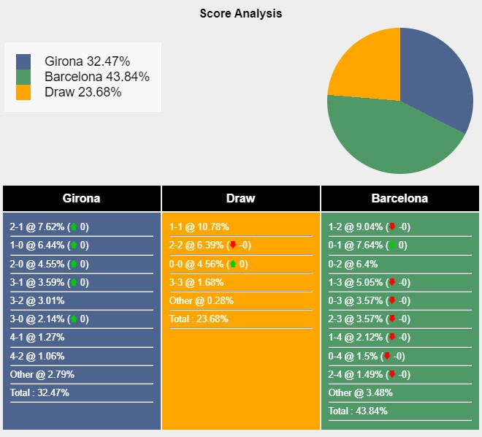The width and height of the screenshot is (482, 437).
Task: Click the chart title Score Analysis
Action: [x=240, y=13]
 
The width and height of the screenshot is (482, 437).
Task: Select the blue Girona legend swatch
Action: [x=23, y=61]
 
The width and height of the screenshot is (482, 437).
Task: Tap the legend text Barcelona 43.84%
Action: [x=96, y=77]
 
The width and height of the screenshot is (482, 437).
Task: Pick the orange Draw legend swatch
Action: [x=23, y=92]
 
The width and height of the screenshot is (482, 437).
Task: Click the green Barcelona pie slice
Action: [x=387, y=139]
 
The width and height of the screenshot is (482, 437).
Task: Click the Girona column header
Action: [x=81, y=198]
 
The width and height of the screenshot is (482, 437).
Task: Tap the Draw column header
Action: [x=240, y=198]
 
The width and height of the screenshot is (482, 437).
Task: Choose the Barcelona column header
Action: [x=399, y=198]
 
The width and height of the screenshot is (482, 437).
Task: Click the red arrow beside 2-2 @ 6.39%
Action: [x=233, y=246]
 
